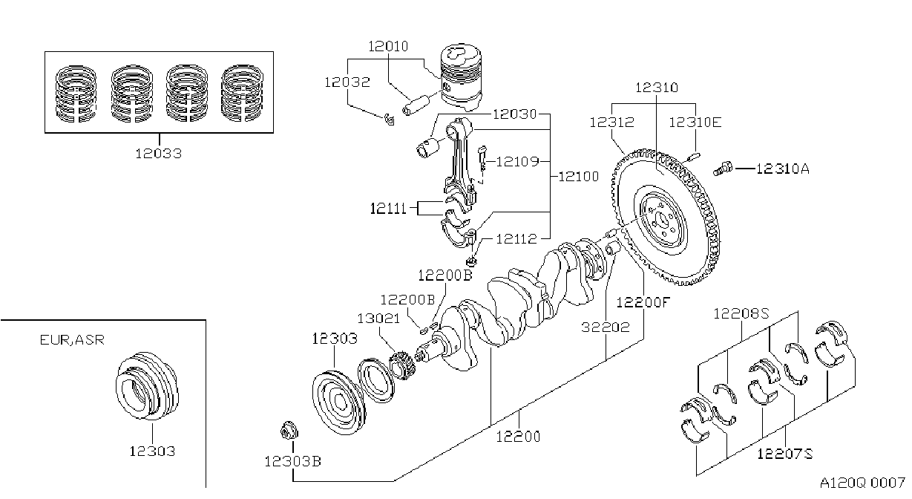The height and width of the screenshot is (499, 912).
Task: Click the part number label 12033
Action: pyautogui.click(x=158, y=154)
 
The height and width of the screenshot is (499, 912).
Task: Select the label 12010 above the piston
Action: pyautogui.click(x=388, y=47)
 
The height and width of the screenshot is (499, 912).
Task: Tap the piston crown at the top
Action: pyautogui.click(x=462, y=53)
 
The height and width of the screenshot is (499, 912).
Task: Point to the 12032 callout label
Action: pyautogui.click(x=347, y=82)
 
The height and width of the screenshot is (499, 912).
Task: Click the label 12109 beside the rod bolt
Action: pyautogui.click(x=517, y=162)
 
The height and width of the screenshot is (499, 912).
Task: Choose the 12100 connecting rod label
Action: pyautogui.click(x=579, y=177)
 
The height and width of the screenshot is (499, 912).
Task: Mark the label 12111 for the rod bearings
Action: pyautogui.click(x=388, y=209)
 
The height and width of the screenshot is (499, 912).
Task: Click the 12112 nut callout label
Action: pyautogui.click(x=516, y=238)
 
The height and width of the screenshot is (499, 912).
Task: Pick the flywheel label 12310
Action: pyautogui.click(x=657, y=88)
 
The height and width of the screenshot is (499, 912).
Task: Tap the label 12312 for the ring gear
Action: pyautogui.click(x=612, y=123)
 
